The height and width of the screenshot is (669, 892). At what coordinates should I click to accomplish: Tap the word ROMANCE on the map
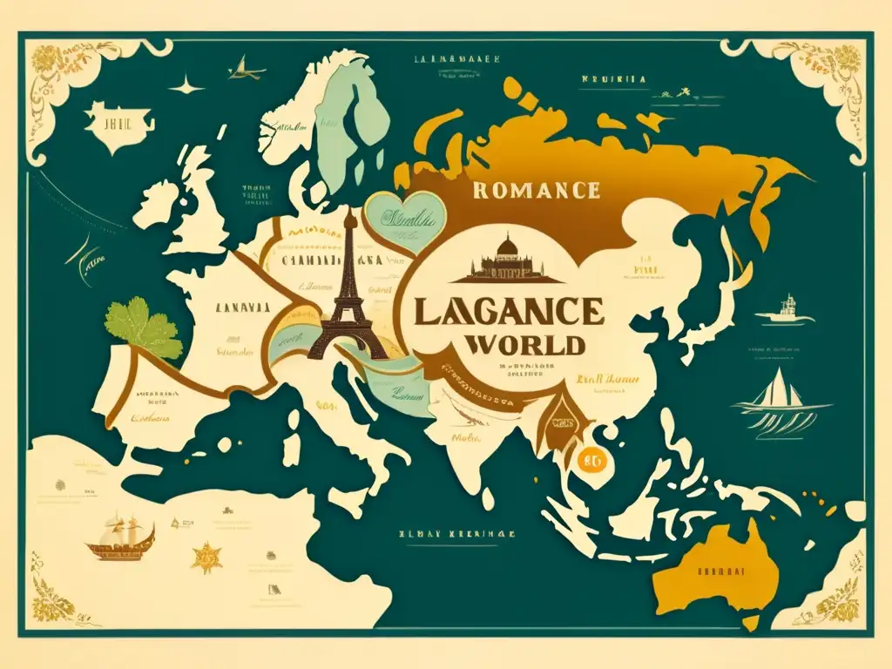pyautogui.click(x=536, y=191)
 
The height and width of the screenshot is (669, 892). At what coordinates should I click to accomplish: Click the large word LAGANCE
pyautogui.click(x=508, y=311)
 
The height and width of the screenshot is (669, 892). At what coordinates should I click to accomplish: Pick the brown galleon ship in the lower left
pyautogui.click(x=119, y=540)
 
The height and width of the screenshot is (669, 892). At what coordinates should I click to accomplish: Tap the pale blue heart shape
pyautogui.click(x=401, y=220)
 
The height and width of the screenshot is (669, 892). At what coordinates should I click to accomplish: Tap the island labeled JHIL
pyautogui.click(x=115, y=125)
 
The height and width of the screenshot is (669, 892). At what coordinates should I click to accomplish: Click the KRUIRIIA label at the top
pyautogui.click(x=613, y=78)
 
